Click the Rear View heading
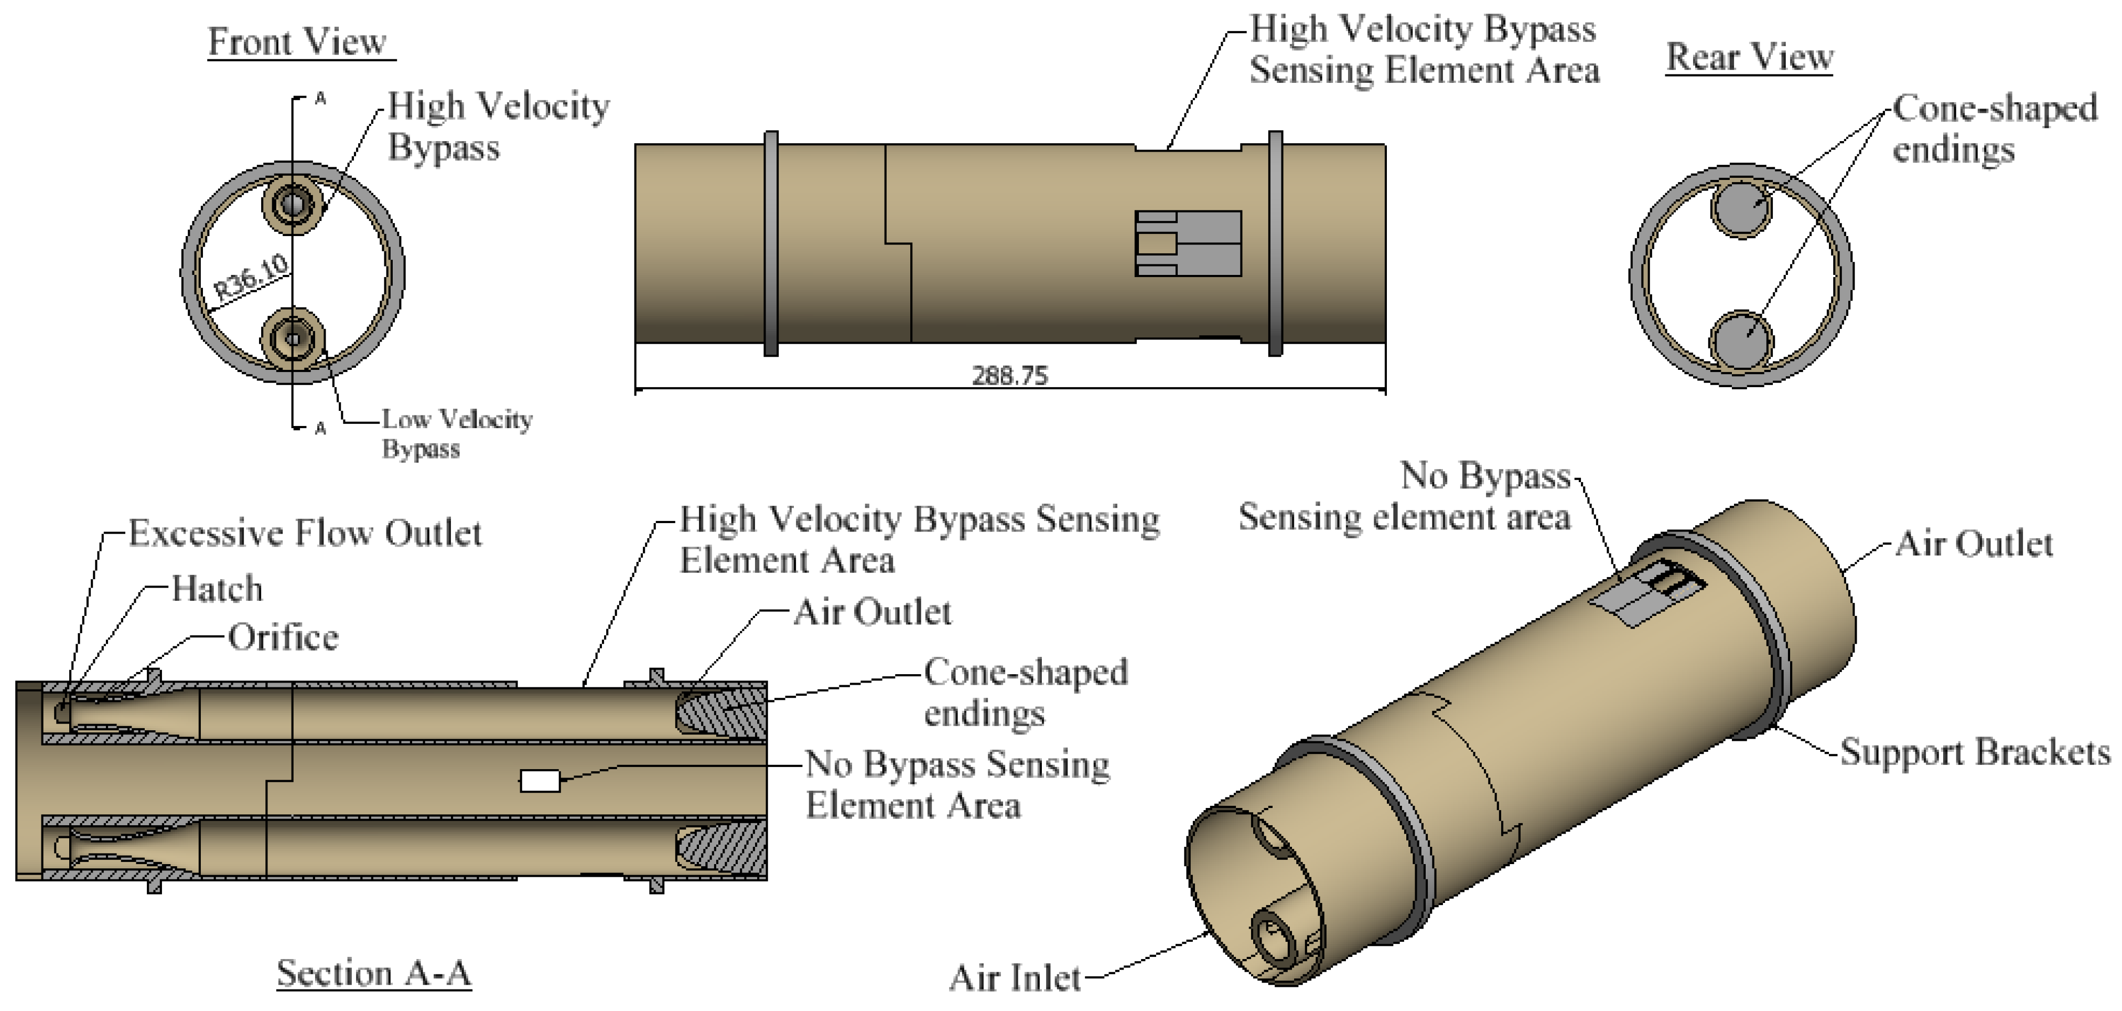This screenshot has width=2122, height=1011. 1749,57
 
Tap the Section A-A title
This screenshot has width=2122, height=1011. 373,973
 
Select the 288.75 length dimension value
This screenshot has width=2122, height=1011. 1010,376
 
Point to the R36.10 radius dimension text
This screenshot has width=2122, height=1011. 251,277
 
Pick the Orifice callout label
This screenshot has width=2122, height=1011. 283,637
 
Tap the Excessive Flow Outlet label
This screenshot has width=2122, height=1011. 305,533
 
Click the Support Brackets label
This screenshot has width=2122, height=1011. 1975,751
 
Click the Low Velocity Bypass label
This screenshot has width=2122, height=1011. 456,433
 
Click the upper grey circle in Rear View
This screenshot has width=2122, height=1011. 1741,207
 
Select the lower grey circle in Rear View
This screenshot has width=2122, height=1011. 1741,339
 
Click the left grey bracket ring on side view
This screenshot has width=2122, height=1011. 771,243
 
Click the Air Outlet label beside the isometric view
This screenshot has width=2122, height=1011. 1974,544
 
